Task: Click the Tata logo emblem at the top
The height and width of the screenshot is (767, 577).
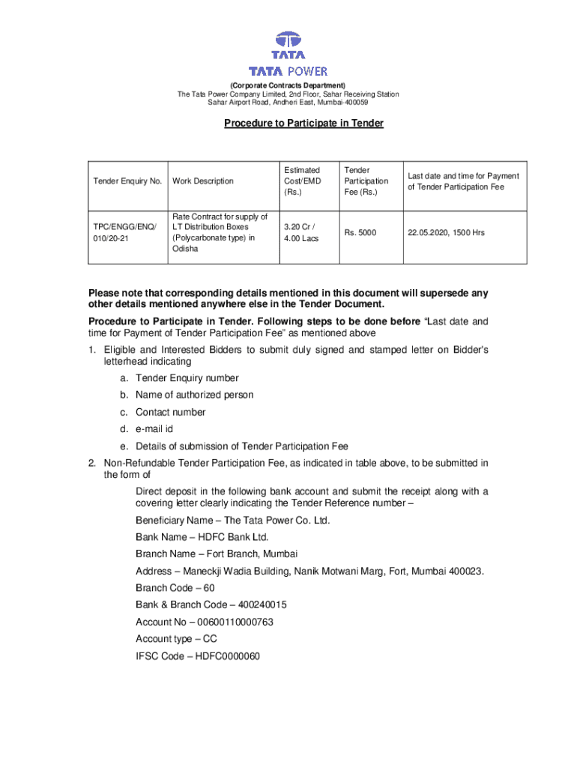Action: (288, 45)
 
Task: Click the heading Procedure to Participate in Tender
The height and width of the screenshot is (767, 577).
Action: (303, 123)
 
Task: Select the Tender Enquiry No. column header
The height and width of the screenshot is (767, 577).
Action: (127, 181)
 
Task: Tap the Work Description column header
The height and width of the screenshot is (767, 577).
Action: (202, 181)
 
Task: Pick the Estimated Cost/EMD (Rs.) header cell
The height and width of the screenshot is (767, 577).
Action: (302, 181)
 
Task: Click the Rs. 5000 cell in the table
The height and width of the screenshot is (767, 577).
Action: (361, 233)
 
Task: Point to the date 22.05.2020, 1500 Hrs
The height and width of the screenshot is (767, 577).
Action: (446, 233)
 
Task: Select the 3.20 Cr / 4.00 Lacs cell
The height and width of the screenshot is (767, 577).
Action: (300, 233)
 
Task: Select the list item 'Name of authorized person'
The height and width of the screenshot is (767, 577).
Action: (194, 395)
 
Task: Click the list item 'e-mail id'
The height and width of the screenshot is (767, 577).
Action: (154, 429)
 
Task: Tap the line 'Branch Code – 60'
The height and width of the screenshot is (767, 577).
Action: (175, 588)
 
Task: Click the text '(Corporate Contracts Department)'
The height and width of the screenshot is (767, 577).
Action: (288, 85)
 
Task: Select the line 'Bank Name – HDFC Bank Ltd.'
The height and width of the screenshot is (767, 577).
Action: (202, 537)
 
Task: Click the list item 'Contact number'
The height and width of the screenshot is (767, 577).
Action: (170, 412)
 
